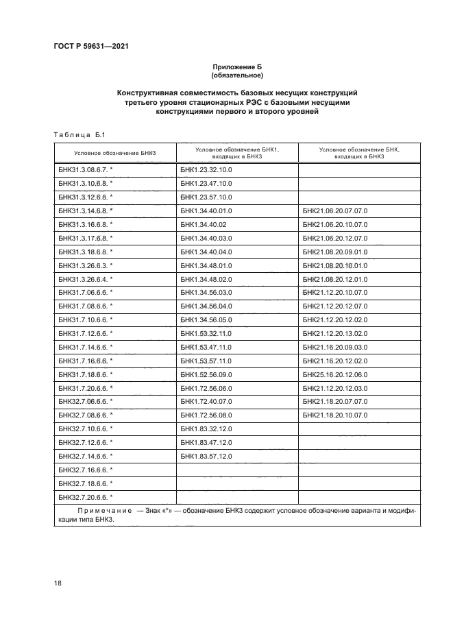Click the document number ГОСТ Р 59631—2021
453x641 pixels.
click(x=91, y=46)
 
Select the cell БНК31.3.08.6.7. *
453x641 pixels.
click(x=86, y=168)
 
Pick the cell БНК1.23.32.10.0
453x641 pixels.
click(x=207, y=168)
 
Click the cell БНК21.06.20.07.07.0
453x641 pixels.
click(x=335, y=210)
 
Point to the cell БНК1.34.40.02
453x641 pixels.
click(x=204, y=224)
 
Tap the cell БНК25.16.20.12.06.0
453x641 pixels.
click(x=335, y=374)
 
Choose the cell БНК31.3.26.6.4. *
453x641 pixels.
click(x=86, y=278)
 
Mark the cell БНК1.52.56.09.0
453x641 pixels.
click(x=207, y=374)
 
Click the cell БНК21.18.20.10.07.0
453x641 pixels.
click(x=335, y=415)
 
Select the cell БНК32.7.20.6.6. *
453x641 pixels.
click(x=86, y=496)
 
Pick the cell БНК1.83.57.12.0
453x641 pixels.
click(x=207, y=456)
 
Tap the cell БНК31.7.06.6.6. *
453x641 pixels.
click(x=86, y=292)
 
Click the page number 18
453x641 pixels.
click(x=58, y=582)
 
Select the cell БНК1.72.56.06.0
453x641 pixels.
click(x=207, y=388)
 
